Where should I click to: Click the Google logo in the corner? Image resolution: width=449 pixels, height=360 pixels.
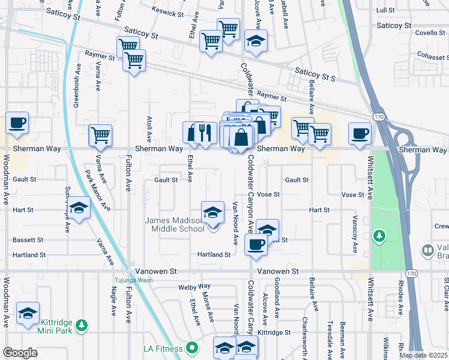(19, 353)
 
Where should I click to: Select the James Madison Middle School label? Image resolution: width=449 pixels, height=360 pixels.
(175, 224)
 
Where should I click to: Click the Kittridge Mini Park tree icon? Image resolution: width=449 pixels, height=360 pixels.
(82, 326)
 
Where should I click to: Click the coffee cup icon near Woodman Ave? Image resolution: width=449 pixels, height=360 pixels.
(17, 123)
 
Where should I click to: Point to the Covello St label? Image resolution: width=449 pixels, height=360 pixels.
(429, 33)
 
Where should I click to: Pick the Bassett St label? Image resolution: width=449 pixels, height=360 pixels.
(28, 239)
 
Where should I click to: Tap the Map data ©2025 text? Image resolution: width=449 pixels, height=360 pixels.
(423, 355)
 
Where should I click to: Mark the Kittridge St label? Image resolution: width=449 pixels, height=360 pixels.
(274, 332)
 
